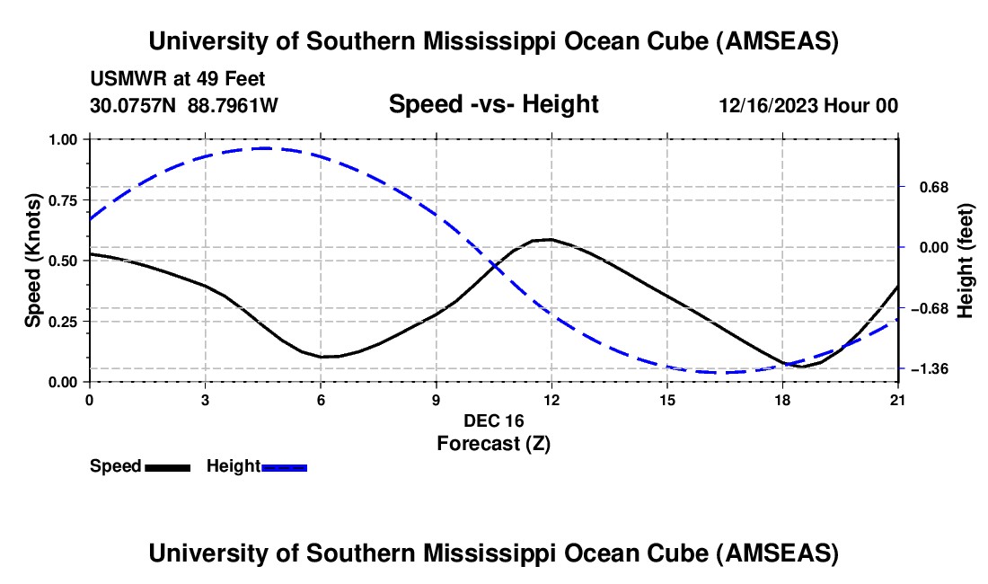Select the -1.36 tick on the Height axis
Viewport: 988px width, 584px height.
point(929,369)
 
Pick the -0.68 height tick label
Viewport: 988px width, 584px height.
point(929,308)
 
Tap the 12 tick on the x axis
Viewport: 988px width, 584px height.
point(551,400)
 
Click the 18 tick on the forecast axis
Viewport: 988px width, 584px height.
point(782,400)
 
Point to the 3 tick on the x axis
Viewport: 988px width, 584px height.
point(206,400)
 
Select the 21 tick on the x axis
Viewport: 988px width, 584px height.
point(898,400)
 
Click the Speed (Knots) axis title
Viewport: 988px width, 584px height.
point(32,261)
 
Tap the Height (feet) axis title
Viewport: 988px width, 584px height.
point(966,261)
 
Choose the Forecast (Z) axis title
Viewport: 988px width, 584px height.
point(493,443)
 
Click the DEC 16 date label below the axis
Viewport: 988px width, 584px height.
point(493,420)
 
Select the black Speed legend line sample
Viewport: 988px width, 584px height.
point(167,466)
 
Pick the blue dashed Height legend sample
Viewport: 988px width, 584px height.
point(284,466)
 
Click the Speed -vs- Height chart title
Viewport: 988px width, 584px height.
point(493,104)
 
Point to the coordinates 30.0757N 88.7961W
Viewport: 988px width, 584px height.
point(184,106)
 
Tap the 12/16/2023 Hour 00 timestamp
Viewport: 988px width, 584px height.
point(808,106)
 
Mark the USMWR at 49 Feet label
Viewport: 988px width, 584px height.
point(177,79)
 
